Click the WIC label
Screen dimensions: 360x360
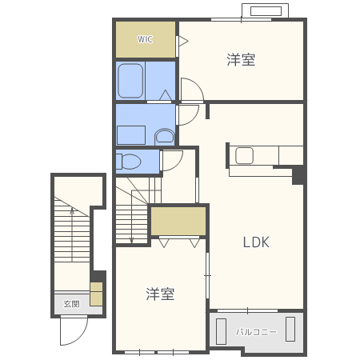[x=145, y=39]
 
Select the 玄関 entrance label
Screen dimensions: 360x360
[x=71, y=304]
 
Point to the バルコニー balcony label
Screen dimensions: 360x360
[x=256, y=331]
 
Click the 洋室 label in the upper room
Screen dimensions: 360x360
[x=241, y=60]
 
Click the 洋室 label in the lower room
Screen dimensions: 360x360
[x=160, y=294]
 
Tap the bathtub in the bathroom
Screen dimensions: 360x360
[x=131, y=81]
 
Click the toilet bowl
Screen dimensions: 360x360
[x=129, y=162]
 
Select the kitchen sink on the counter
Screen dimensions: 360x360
[x=244, y=155]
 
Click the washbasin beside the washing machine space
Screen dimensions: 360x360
[x=165, y=136]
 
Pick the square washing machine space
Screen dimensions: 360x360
[x=131, y=134]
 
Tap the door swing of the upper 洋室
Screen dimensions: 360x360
[x=191, y=90]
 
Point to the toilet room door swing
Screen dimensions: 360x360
[x=171, y=160]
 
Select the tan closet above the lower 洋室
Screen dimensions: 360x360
[x=178, y=222]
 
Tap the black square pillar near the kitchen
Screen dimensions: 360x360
[x=298, y=175]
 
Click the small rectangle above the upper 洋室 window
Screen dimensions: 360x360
[x=266, y=11]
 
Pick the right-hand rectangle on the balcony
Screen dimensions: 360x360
[x=290, y=330]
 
